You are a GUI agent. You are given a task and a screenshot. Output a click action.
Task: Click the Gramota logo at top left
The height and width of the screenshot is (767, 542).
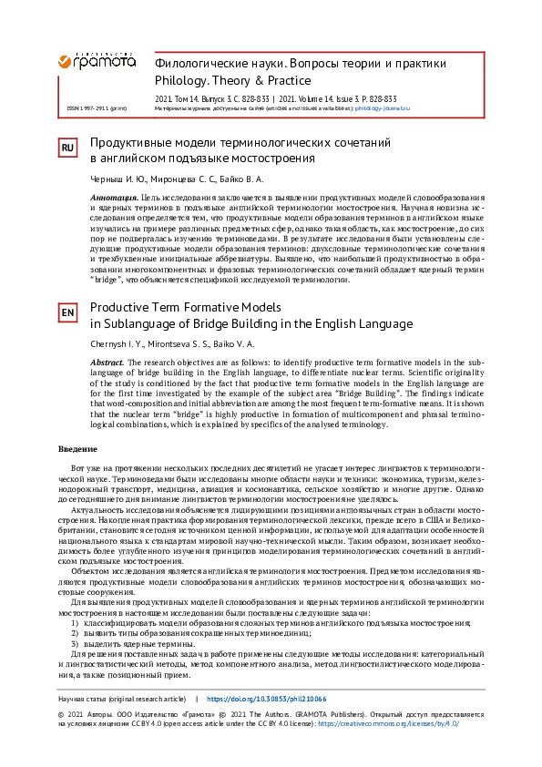tap(97, 61)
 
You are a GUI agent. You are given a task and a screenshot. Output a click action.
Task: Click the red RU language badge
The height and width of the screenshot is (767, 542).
tap(67, 148)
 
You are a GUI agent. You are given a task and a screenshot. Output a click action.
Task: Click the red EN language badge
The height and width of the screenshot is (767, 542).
tap(67, 313)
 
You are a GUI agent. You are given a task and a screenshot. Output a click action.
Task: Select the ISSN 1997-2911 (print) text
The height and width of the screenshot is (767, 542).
tap(97, 107)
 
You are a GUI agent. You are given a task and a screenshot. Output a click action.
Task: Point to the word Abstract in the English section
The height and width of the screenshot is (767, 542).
tap(108, 362)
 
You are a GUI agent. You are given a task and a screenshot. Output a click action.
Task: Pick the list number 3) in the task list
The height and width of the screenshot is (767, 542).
tap(77, 644)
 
